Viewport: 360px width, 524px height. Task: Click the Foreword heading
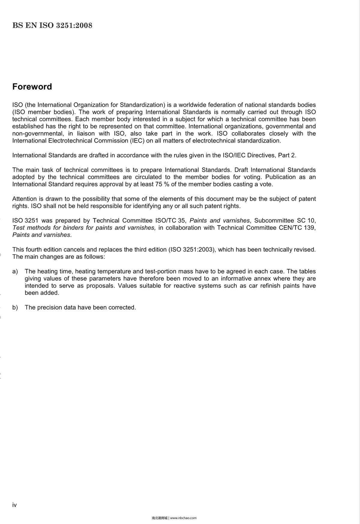pos(32,87)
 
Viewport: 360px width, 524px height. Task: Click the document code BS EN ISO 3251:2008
pos(52,25)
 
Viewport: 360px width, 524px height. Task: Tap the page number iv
pos(14,505)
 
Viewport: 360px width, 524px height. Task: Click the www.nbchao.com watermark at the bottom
pos(183,518)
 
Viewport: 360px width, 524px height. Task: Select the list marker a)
pos(15,271)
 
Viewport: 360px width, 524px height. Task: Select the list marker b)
pos(15,308)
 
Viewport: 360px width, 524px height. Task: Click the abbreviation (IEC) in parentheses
pos(137,141)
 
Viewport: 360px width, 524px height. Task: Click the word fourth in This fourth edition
pos(34,250)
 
